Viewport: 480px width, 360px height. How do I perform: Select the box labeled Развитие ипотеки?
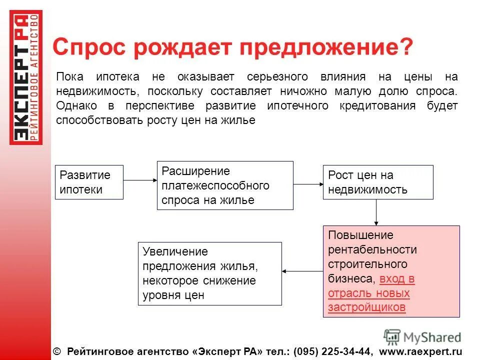coord(89,182)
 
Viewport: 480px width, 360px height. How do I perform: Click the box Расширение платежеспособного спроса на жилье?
coord(225,185)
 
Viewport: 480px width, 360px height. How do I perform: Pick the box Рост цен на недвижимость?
coord(378,182)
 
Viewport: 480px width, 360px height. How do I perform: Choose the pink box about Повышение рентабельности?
coord(391,271)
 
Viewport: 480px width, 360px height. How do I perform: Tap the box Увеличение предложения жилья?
coord(209,273)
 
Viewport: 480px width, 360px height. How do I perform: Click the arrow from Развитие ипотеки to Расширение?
coord(140,180)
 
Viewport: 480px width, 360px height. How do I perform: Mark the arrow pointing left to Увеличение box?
coord(302,271)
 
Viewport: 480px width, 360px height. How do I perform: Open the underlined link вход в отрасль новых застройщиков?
coord(370,293)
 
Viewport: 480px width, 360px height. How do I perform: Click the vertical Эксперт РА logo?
coord(26,78)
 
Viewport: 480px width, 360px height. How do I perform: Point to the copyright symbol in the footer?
coord(56,351)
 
